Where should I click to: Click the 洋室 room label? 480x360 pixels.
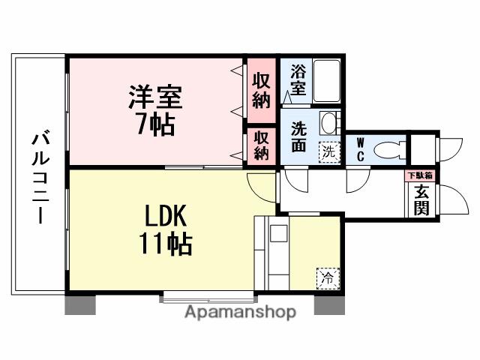(x=156, y=98)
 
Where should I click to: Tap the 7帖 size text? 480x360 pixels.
(x=155, y=123)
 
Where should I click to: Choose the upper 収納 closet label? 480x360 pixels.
(x=261, y=91)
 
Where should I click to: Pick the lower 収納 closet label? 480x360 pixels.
(x=261, y=145)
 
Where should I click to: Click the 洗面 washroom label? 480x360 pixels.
(x=298, y=136)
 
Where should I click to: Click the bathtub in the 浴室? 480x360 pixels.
(x=326, y=81)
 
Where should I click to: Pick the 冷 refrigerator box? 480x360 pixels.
(x=328, y=277)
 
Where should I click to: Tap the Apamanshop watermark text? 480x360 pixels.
(x=240, y=312)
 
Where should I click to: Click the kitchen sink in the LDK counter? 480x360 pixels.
(x=279, y=232)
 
